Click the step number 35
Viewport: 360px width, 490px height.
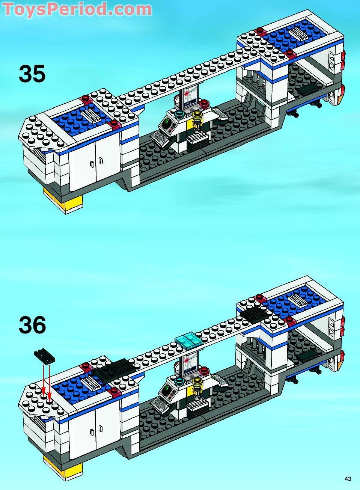point(32,74)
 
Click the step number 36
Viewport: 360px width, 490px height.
point(32,325)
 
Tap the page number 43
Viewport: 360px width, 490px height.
point(348,479)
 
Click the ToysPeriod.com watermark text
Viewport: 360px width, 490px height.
point(77,9)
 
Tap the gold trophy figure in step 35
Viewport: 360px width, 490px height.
point(197,120)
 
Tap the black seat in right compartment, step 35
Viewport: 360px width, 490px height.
point(310,89)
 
